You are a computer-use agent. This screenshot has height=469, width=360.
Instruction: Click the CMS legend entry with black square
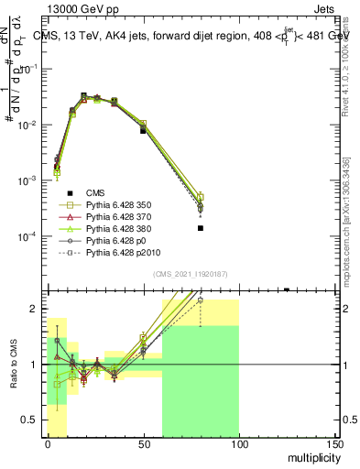pos(95,191)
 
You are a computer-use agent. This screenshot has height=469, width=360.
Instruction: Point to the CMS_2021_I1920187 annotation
pos(190,274)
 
